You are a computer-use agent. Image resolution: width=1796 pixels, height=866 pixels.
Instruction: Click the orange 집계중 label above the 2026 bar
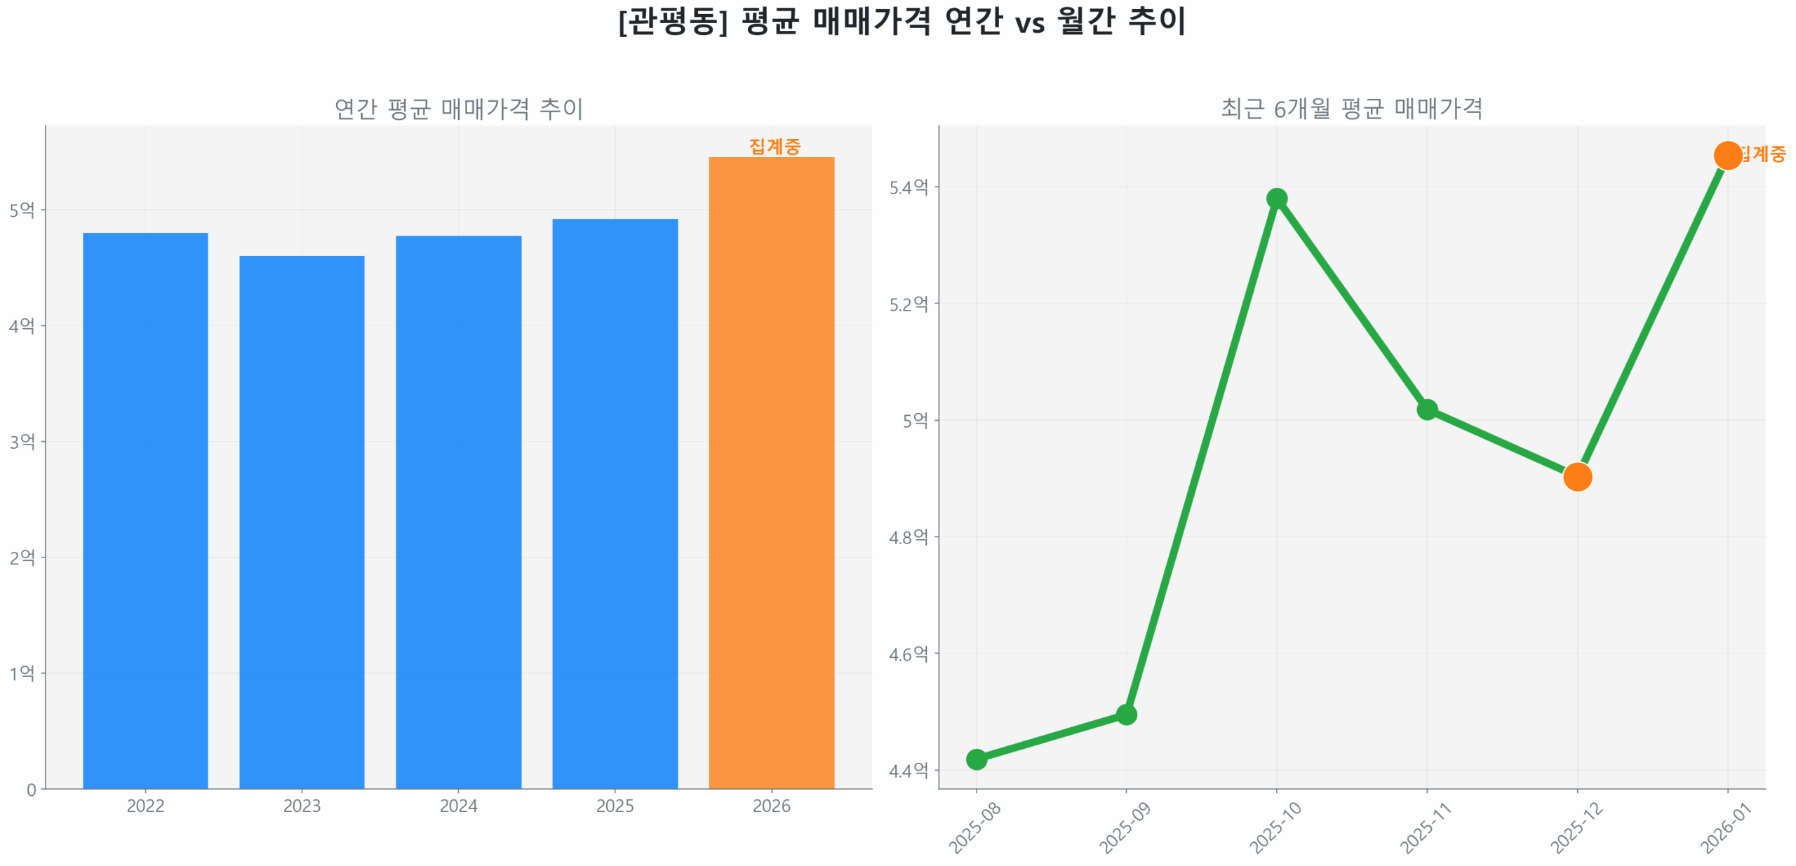point(774,146)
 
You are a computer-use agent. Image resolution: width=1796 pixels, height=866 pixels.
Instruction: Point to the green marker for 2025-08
point(976,759)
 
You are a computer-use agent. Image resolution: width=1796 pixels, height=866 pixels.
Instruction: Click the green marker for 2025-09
point(1126,715)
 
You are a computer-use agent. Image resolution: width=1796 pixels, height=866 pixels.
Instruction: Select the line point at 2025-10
point(1276,198)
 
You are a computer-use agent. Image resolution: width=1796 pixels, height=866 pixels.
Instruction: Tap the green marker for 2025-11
point(1426,409)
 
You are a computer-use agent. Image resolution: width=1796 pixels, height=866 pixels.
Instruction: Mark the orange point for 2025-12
point(1576,477)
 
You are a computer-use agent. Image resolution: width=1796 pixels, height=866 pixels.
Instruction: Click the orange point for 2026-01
point(1727,155)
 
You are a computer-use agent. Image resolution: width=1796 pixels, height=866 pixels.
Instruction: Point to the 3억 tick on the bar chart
point(22,441)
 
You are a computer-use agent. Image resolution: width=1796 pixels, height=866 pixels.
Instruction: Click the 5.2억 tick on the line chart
point(908,304)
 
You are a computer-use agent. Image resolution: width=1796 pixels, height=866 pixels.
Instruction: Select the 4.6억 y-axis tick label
point(908,654)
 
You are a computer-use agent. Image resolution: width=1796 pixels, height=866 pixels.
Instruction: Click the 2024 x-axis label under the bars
point(458,806)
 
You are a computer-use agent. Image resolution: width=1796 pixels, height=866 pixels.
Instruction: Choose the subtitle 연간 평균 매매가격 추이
point(458,109)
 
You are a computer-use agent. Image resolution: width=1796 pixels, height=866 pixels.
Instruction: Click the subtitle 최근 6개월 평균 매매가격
point(1351,109)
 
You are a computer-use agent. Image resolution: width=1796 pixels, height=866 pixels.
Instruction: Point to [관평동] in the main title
point(673,21)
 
